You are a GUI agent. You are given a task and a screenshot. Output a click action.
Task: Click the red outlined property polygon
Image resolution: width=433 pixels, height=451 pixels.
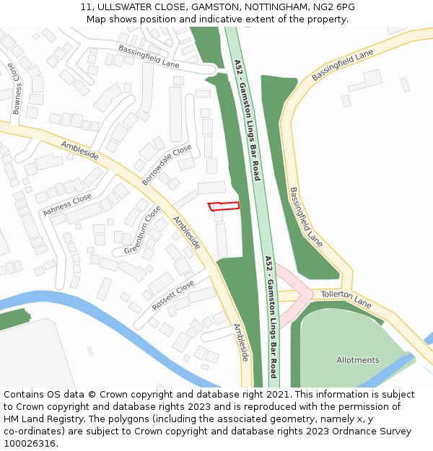[x=224, y=206]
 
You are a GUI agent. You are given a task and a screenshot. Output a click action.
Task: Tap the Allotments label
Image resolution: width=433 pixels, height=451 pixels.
[x=357, y=360]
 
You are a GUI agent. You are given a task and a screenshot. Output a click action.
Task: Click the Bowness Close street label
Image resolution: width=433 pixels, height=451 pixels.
[x=16, y=89]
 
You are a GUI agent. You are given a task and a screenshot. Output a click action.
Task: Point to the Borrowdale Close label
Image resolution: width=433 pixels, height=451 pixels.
[x=167, y=165]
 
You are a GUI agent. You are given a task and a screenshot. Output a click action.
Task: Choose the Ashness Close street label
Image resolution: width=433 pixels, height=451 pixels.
[x=67, y=204]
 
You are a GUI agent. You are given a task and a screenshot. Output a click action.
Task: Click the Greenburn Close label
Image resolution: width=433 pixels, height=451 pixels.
[x=142, y=229]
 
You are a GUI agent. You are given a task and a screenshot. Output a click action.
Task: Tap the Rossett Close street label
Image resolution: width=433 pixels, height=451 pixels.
[x=173, y=295]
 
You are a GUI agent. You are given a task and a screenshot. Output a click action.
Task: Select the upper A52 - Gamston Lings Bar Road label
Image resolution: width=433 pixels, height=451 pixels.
[x=248, y=119]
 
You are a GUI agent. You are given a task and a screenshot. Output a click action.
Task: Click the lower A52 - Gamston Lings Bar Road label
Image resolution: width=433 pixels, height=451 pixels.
[x=271, y=316]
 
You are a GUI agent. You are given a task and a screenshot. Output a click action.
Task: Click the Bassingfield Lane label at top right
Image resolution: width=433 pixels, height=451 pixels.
[x=342, y=66]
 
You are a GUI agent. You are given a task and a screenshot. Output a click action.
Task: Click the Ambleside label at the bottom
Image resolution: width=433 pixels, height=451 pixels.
[x=240, y=342]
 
